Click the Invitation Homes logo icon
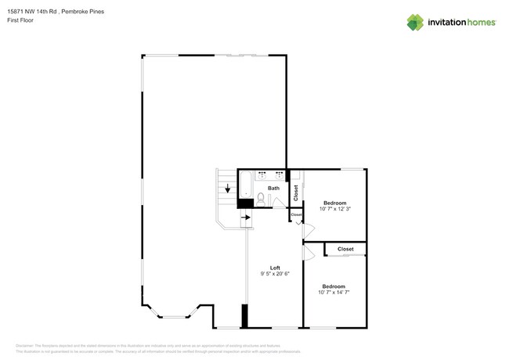(414, 22)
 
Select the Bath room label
(273, 188)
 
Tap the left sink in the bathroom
(262, 175)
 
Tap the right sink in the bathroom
(279, 175)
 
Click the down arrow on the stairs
(228, 189)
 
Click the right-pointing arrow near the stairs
(245, 217)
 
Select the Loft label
(275, 268)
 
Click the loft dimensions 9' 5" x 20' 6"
(275, 275)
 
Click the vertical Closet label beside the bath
(295, 191)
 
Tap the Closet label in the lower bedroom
(345, 249)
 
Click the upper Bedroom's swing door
(308, 230)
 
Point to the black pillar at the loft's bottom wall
(245, 315)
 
